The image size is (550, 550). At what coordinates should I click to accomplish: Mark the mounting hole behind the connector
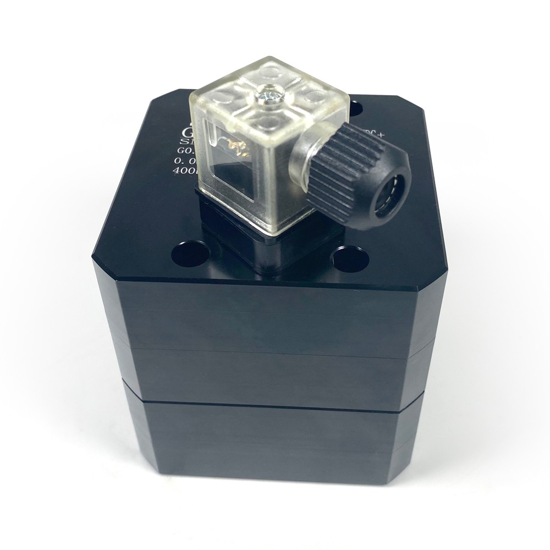click(355, 108)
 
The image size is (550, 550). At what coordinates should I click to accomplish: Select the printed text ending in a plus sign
click(373, 131)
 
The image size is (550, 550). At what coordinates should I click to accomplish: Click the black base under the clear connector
click(258, 250)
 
